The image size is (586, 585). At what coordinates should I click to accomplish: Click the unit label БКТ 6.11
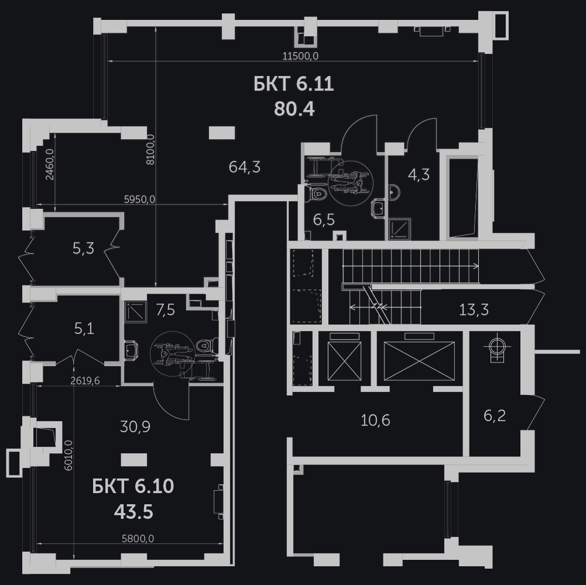click(x=294, y=84)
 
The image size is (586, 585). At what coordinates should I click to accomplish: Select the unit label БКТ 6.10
click(x=133, y=487)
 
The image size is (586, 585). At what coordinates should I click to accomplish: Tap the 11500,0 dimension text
click(x=301, y=56)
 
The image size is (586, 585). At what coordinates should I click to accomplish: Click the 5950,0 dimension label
click(x=139, y=200)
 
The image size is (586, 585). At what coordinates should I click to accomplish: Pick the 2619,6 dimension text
click(x=85, y=380)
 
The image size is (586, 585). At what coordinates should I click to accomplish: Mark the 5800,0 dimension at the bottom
click(x=138, y=538)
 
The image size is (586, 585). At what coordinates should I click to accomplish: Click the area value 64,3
click(x=244, y=167)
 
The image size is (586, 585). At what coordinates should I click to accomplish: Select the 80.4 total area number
click(x=294, y=109)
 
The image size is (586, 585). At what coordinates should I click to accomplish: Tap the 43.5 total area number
click(x=134, y=512)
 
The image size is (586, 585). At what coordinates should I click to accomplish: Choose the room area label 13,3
click(x=473, y=310)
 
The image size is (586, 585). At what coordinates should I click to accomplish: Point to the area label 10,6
click(x=375, y=420)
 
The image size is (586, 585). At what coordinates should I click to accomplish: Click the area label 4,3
click(x=418, y=175)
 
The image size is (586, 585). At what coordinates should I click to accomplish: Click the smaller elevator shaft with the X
click(x=344, y=361)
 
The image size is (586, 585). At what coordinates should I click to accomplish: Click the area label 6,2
click(x=495, y=415)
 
